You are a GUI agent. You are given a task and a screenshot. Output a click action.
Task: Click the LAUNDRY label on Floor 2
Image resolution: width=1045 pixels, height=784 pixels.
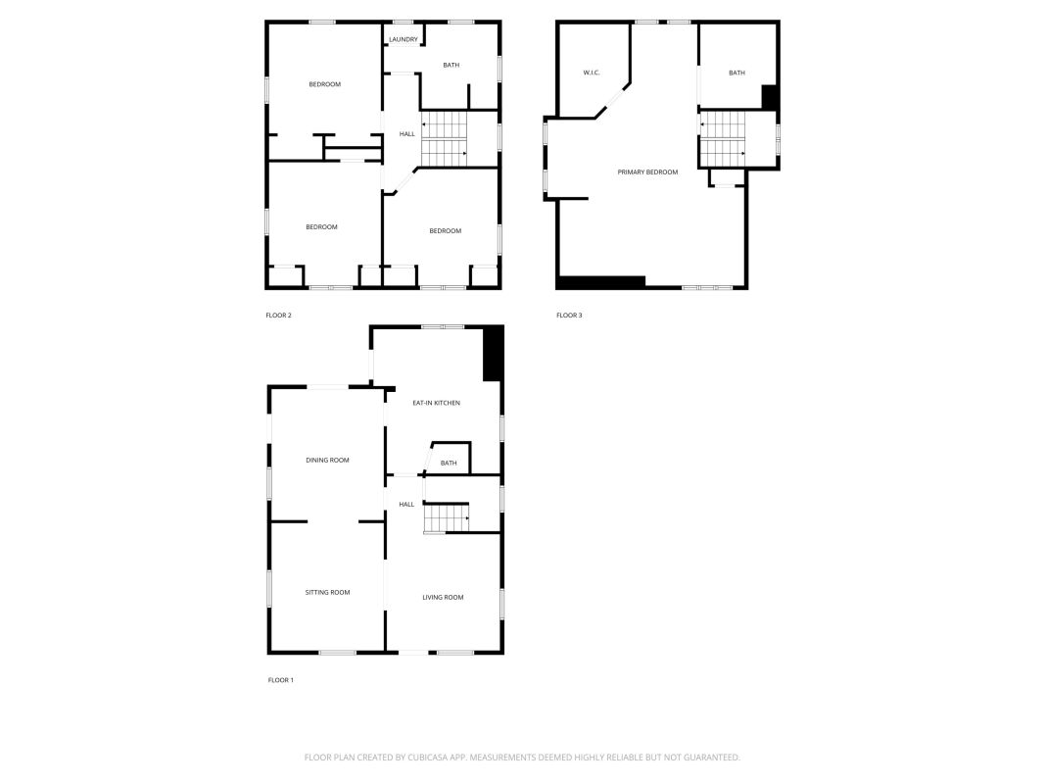point(404,39)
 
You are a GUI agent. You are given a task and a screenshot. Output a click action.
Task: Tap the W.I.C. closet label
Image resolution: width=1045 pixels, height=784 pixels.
point(592,73)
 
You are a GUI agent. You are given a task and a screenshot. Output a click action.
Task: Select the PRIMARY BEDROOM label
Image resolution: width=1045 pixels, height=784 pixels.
point(647,172)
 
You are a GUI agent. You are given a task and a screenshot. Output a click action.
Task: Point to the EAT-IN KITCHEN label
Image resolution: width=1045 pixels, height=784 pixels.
point(437,403)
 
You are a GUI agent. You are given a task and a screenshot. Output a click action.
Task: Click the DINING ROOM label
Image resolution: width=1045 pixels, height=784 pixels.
point(327,460)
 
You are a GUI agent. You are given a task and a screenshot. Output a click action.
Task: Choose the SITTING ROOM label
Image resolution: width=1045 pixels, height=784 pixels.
point(327,592)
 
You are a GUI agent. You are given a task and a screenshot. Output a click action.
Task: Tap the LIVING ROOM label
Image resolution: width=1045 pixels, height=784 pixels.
point(444,598)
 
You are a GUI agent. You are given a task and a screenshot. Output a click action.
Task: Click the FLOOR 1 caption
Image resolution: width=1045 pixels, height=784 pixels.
point(280,680)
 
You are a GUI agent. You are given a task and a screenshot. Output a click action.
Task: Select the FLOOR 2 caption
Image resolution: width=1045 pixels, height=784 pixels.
point(278,316)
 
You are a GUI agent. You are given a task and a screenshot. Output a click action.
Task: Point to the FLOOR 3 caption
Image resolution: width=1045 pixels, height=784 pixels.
point(569,316)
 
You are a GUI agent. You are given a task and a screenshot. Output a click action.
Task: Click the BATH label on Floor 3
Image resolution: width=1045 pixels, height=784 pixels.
point(737,73)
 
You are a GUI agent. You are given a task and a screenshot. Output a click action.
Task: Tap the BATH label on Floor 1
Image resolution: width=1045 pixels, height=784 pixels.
point(449,463)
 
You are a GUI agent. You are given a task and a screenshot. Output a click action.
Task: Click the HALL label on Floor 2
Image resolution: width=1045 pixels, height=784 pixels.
point(407,134)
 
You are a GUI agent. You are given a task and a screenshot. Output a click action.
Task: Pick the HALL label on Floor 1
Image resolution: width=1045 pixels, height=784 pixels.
point(406,504)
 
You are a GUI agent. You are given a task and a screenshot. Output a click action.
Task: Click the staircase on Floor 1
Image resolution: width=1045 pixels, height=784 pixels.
point(447,518)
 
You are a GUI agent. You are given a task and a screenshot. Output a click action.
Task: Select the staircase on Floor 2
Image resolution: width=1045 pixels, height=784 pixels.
point(445,138)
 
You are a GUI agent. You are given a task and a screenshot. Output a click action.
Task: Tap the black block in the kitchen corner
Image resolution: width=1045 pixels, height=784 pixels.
point(493,354)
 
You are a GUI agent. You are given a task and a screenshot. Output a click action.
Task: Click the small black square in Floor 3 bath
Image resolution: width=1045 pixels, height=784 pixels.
point(770,97)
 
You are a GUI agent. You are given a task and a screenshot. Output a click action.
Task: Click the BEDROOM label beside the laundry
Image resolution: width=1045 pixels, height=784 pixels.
point(324,84)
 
